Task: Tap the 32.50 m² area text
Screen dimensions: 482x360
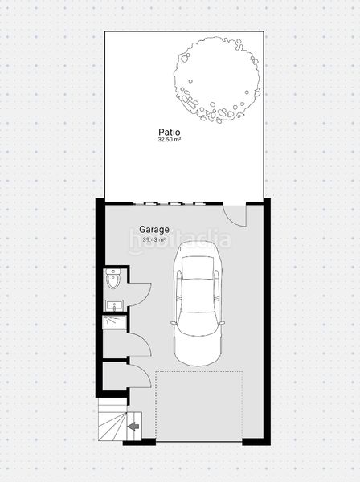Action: point(169,140)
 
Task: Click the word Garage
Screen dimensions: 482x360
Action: point(154,229)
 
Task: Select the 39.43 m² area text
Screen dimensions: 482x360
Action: point(154,239)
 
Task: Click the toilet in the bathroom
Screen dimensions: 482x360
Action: point(113,280)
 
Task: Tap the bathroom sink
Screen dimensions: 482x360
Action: point(113,305)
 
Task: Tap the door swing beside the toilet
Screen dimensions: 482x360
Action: point(139,293)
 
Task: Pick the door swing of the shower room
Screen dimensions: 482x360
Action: point(139,344)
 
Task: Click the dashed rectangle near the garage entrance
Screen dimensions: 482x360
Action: point(198,406)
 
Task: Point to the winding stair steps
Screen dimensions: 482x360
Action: point(110,422)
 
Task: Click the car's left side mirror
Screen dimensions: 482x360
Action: point(172,322)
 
